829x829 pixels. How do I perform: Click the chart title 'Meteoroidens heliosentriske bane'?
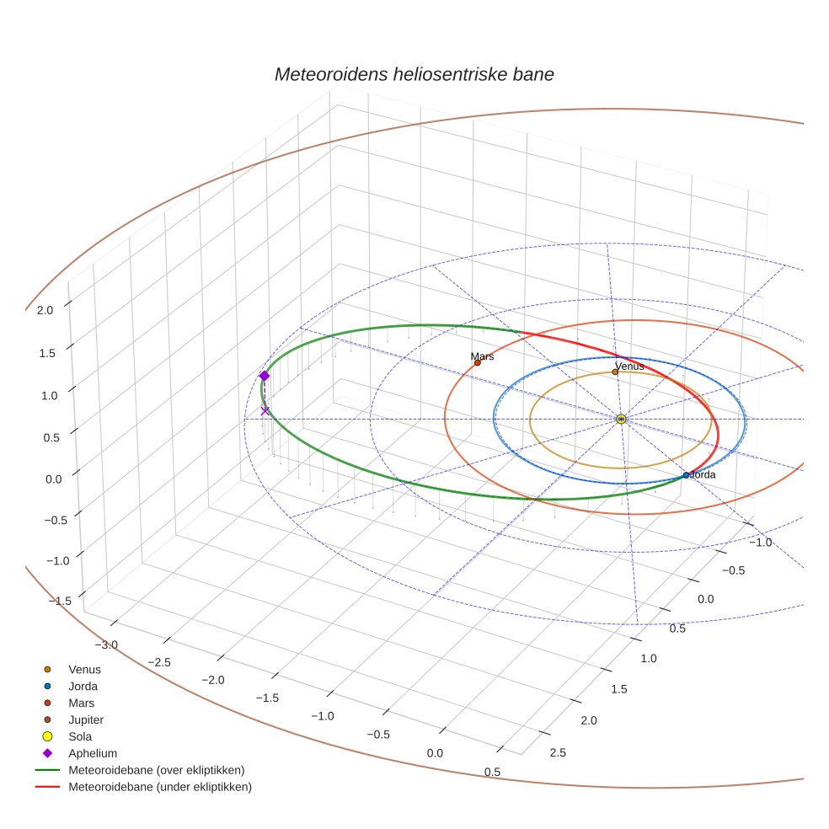click(x=414, y=74)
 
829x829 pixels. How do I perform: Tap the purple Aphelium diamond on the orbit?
click(x=265, y=376)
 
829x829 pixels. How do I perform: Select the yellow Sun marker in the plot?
click(x=621, y=419)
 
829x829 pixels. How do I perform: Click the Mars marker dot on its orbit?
click(x=478, y=363)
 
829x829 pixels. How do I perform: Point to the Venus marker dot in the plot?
click(x=615, y=372)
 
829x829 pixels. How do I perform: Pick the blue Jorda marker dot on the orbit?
click(x=686, y=475)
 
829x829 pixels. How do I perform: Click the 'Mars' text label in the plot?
click(x=482, y=356)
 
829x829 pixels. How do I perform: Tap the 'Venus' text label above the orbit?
click(x=629, y=366)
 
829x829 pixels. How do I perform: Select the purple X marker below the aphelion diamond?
click(x=265, y=411)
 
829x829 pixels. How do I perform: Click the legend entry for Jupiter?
click(x=86, y=719)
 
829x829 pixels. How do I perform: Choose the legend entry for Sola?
click(x=80, y=736)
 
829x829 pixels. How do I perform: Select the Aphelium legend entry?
click(x=93, y=753)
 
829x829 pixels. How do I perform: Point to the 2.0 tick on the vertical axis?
click(x=45, y=310)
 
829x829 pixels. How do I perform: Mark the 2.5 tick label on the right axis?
click(x=558, y=752)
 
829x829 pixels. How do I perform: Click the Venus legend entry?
click(x=84, y=669)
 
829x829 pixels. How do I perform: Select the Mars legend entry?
click(x=81, y=703)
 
